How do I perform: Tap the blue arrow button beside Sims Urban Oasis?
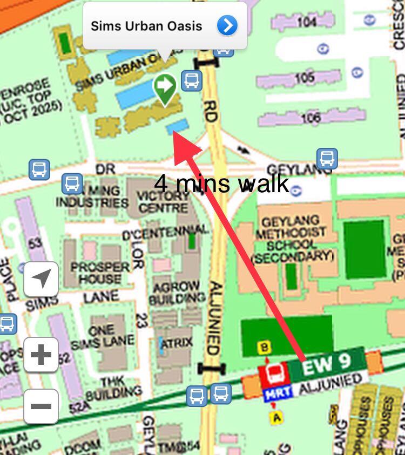click(x=227, y=25)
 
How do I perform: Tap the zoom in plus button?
click(x=41, y=355)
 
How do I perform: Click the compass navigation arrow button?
click(x=41, y=279)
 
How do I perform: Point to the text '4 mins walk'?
click(x=221, y=184)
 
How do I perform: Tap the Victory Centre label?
click(x=163, y=201)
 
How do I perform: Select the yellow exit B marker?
click(x=265, y=348)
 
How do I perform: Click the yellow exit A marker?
click(x=277, y=416)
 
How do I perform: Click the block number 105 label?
click(x=305, y=78)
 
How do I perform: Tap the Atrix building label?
click(x=178, y=342)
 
